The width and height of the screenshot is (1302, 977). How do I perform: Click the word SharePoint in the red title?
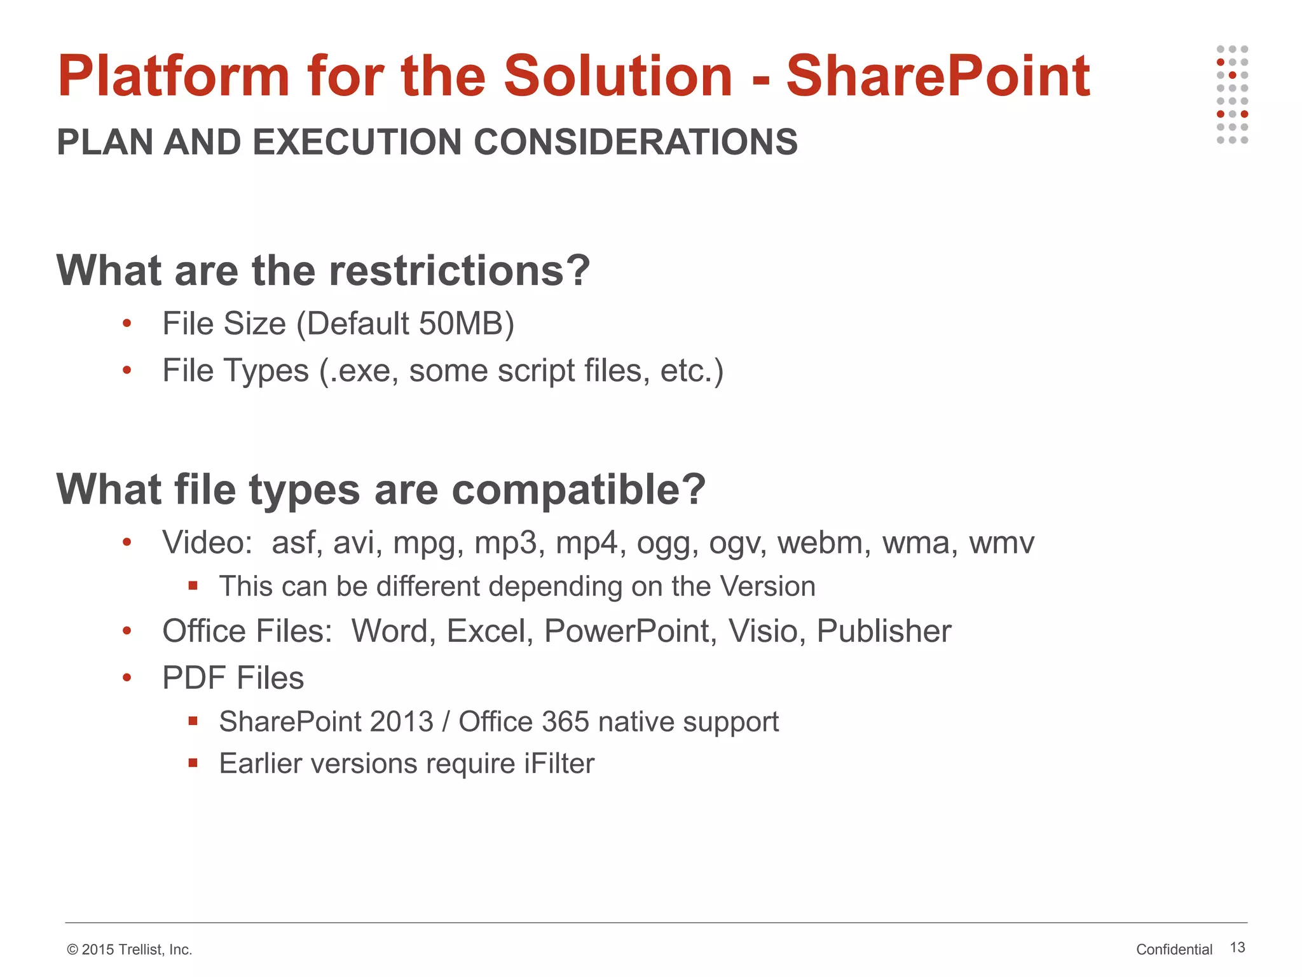click(x=938, y=76)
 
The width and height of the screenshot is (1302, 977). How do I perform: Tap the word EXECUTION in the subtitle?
click(x=357, y=142)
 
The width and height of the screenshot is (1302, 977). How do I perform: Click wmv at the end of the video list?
click(x=1001, y=543)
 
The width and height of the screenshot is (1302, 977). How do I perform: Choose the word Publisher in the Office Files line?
click(x=884, y=632)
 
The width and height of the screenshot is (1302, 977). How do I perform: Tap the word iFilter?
click(x=559, y=764)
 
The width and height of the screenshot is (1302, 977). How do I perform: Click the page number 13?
click(x=1237, y=948)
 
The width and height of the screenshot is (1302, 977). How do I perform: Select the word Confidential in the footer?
click(x=1174, y=950)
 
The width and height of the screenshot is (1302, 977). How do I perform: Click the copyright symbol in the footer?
click(x=72, y=950)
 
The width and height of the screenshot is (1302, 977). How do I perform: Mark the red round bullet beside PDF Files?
click(x=127, y=678)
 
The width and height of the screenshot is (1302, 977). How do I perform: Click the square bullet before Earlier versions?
click(x=193, y=763)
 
